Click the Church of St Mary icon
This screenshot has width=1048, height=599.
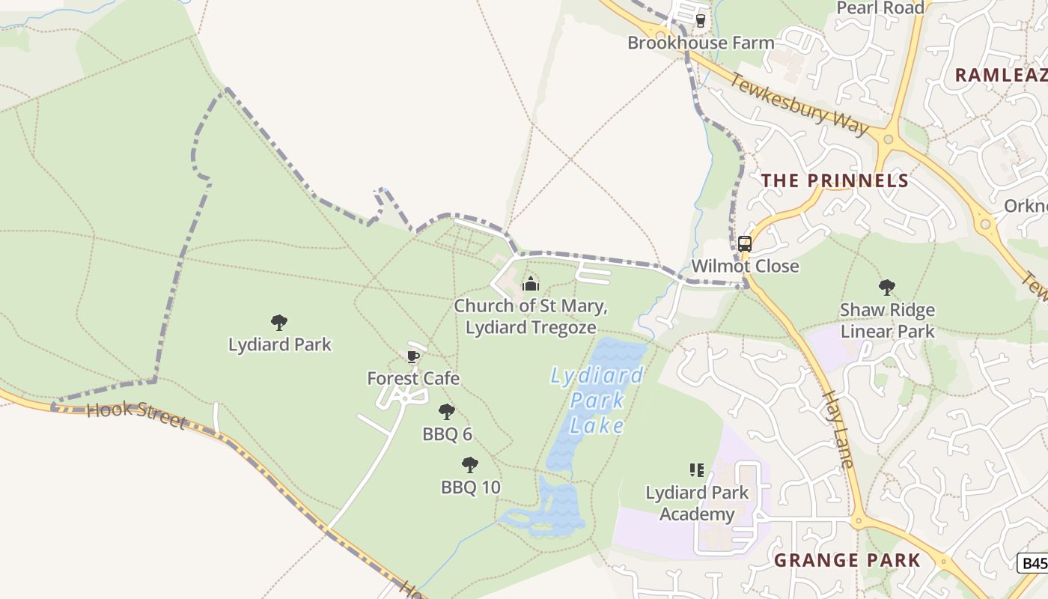coord(530,284)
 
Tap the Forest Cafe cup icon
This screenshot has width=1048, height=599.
coord(412,356)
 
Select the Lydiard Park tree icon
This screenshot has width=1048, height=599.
coord(279,323)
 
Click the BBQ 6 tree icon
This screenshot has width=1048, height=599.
coord(447,411)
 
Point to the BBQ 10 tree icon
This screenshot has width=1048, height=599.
coord(470,465)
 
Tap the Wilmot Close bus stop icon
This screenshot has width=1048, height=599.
coord(745,244)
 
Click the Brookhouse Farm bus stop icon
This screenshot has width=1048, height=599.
coord(701,21)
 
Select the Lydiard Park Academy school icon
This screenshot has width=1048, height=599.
coord(697,470)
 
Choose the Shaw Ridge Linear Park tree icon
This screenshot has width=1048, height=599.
coord(887,287)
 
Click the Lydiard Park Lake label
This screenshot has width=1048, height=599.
coord(597,400)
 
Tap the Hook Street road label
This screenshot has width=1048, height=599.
coord(136,414)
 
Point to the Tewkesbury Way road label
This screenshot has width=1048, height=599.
coord(799,104)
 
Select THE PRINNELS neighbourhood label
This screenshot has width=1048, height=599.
coord(835,180)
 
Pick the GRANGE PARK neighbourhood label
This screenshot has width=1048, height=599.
coord(847,560)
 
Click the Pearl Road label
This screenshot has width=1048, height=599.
coord(880,8)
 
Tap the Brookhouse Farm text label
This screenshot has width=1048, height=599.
coord(701,43)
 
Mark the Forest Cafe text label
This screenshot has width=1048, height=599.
coord(413,379)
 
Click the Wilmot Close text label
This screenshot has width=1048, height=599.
coord(745,266)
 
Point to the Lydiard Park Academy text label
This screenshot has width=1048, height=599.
coord(697,503)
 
